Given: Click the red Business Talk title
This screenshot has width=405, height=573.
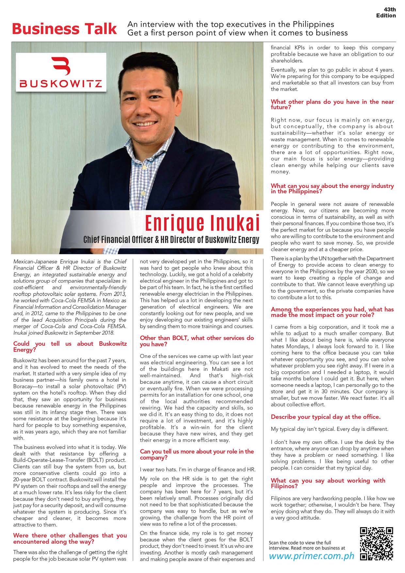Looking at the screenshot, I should pos(64,29).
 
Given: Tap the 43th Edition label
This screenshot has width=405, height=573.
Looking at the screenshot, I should pos(386,13).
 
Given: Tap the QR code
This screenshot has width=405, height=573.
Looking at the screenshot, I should pos(376,544).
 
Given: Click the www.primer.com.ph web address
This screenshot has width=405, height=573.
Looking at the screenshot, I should pos(311,556).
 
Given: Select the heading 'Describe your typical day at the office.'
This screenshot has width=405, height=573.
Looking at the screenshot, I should pos(326,417).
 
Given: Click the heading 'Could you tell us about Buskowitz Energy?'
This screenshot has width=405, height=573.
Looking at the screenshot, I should pos(70,347).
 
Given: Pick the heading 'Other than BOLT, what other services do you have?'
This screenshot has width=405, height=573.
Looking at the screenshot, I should pos(197,341).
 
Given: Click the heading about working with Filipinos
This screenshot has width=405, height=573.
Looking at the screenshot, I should pos(328,483).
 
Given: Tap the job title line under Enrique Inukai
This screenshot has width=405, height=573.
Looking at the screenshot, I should pos(171,239).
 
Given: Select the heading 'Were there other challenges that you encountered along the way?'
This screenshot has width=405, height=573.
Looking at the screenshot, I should pos(70,538).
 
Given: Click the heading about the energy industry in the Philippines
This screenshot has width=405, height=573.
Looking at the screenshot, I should pos(332,188).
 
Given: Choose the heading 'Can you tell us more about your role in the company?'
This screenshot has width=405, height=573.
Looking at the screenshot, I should pos(197,454).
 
